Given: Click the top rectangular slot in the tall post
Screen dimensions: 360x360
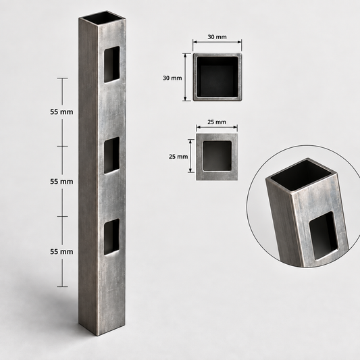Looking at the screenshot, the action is coord(112,64).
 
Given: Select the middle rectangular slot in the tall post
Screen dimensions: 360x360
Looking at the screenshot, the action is coord(112,155).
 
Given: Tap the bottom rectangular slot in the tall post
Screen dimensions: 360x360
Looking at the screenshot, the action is coord(112,236).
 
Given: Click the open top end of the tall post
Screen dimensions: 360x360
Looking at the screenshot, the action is coord(103,18).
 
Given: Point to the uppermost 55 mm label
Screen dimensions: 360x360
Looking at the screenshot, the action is coord(61,112).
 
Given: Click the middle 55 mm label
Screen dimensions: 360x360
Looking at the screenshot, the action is coord(61,182).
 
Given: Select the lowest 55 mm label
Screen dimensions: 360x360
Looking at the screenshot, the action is coord(61,252).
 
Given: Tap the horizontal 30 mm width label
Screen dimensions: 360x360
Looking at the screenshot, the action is coord(217,37).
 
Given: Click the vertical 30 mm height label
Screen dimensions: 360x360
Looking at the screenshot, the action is coord(172,78).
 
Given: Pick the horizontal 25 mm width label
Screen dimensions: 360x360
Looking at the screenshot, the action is coord(217,122).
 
